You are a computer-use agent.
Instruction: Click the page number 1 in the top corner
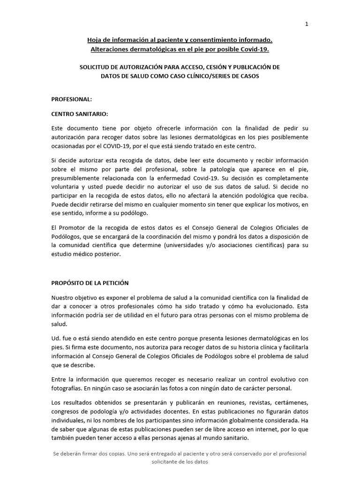pyautogui.click(x=307, y=24)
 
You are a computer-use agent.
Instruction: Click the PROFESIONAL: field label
pyautogui.click(x=72, y=99)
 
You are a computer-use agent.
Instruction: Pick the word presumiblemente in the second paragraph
pyautogui.click(x=77, y=178)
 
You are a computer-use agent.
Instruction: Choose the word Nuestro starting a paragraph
pyautogui.click(x=64, y=298)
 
